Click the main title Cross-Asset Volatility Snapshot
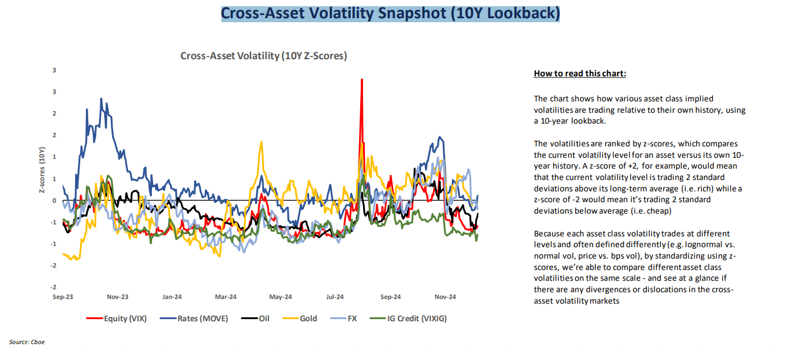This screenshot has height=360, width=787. pyautogui.click(x=390, y=13)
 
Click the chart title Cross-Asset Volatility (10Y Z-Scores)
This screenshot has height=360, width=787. pyautogui.click(x=263, y=56)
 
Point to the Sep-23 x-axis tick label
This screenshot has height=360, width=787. pyautogui.click(x=63, y=297)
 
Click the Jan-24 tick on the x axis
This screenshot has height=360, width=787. pyautogui.click(x=172, y=297)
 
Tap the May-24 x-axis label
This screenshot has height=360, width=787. pyautogui.click(x=281, y=297)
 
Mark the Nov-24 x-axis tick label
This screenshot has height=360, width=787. pyautogui.click(x=445, y=297)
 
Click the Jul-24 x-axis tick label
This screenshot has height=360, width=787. pyautogui.click(x=335, y=297)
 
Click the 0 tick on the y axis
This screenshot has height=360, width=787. pyautogui.click(x=55, y=201)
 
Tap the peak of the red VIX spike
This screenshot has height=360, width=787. pyautogui.click(x=361, y=80)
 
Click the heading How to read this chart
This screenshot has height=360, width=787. pyautogui.click(x=580, y=74)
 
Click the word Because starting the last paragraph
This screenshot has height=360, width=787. pyautogui.click(x=549, y=234)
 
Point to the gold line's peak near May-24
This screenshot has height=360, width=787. pyautogui.click(x=261, y=142)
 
